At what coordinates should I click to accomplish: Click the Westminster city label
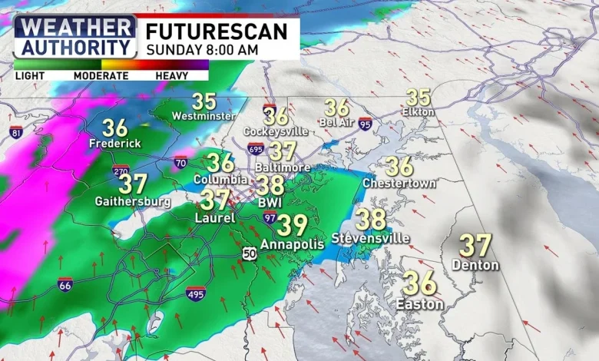[x=204, y=116]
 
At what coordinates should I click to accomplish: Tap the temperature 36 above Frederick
[x=115, y=128]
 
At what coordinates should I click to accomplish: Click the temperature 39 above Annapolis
[x=292, y=226]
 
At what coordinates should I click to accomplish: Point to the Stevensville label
[x=371, y=238]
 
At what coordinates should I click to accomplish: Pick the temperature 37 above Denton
[x=475, y=246]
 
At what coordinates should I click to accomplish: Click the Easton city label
[x=419, y=304]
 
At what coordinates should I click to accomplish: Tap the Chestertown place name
[x=399, y=184]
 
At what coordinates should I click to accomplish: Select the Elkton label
[x=419, y=112]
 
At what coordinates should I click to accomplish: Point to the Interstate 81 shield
[x=16, y=132]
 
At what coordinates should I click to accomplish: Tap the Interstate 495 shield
[x=196, y=293]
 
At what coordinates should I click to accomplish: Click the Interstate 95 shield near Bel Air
[x=365, y=124]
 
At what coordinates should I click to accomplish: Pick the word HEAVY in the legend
[x=172, y=76]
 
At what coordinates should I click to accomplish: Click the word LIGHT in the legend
[x=29, y=76]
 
